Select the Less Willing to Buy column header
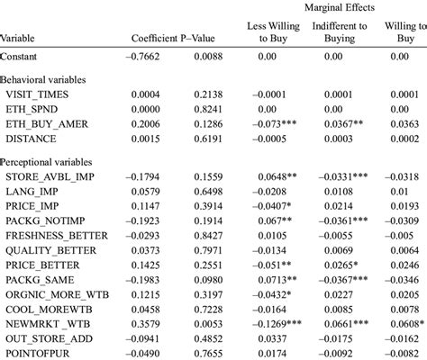click(x=273, y=32)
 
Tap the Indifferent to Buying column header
click(x=339, y=32)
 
